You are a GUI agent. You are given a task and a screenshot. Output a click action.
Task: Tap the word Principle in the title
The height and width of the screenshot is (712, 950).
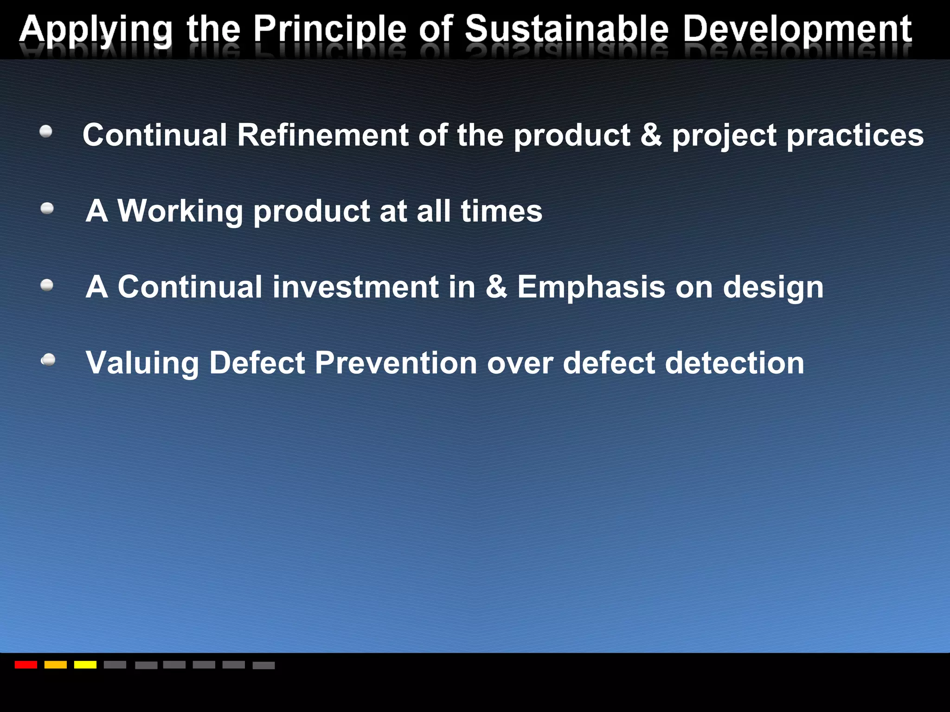(329, 30)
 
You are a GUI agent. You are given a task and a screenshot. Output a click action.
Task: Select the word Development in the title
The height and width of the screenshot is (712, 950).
(797, 30)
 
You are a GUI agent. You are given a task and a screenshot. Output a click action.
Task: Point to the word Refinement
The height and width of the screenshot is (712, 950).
(323, 135)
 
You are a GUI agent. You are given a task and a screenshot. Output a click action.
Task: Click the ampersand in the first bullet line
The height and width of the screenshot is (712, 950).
(651, 135)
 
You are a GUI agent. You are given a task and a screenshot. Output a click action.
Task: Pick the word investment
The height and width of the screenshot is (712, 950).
(355, 287)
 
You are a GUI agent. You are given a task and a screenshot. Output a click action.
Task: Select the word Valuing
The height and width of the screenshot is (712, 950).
(142, 363)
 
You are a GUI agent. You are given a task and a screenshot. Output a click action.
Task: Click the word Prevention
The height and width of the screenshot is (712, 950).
(396, 362)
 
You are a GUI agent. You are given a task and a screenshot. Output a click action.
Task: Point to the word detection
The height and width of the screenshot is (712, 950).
(735, 362)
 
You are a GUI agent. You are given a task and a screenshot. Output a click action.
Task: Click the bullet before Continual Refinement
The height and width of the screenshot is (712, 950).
(46, 132)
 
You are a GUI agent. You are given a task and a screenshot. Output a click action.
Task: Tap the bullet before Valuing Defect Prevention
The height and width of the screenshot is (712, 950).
(48, 360)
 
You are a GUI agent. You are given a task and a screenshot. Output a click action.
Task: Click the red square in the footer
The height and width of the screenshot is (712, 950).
(26, 665)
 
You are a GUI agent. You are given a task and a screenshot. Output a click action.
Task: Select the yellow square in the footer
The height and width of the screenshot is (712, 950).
(85, 665)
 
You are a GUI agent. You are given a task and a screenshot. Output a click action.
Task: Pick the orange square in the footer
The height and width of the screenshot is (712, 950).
(56, 665)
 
